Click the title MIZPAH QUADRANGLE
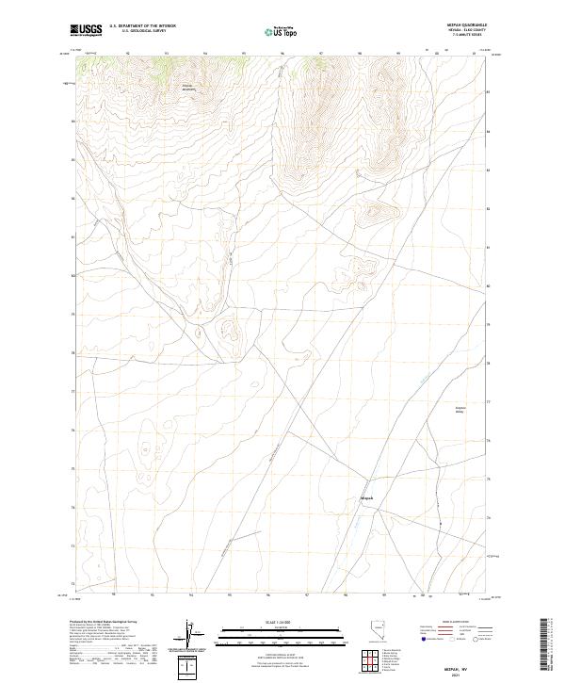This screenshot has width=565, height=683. pyautogui.click(x=462, y=25)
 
